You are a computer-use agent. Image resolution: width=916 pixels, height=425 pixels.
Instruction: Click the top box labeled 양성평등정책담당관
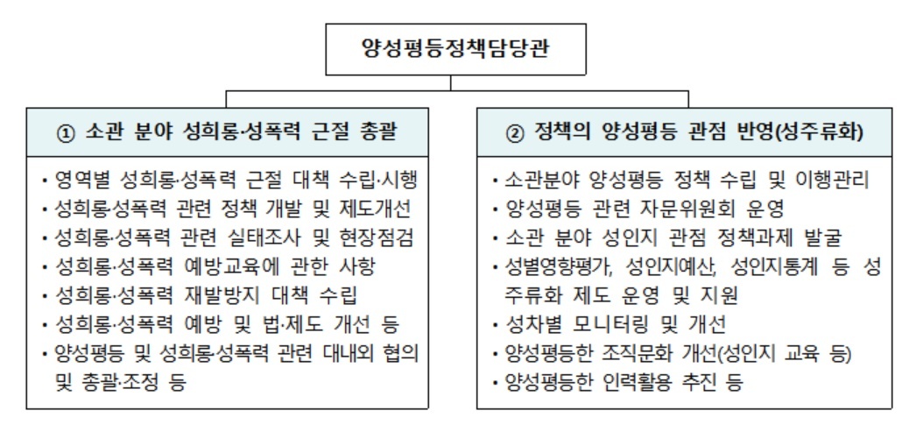[x=455, y=49]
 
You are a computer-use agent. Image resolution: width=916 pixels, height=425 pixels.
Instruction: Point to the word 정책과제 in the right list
[x=753, y=237]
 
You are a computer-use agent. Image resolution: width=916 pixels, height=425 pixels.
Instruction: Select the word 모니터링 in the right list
[x=609, y=323]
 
